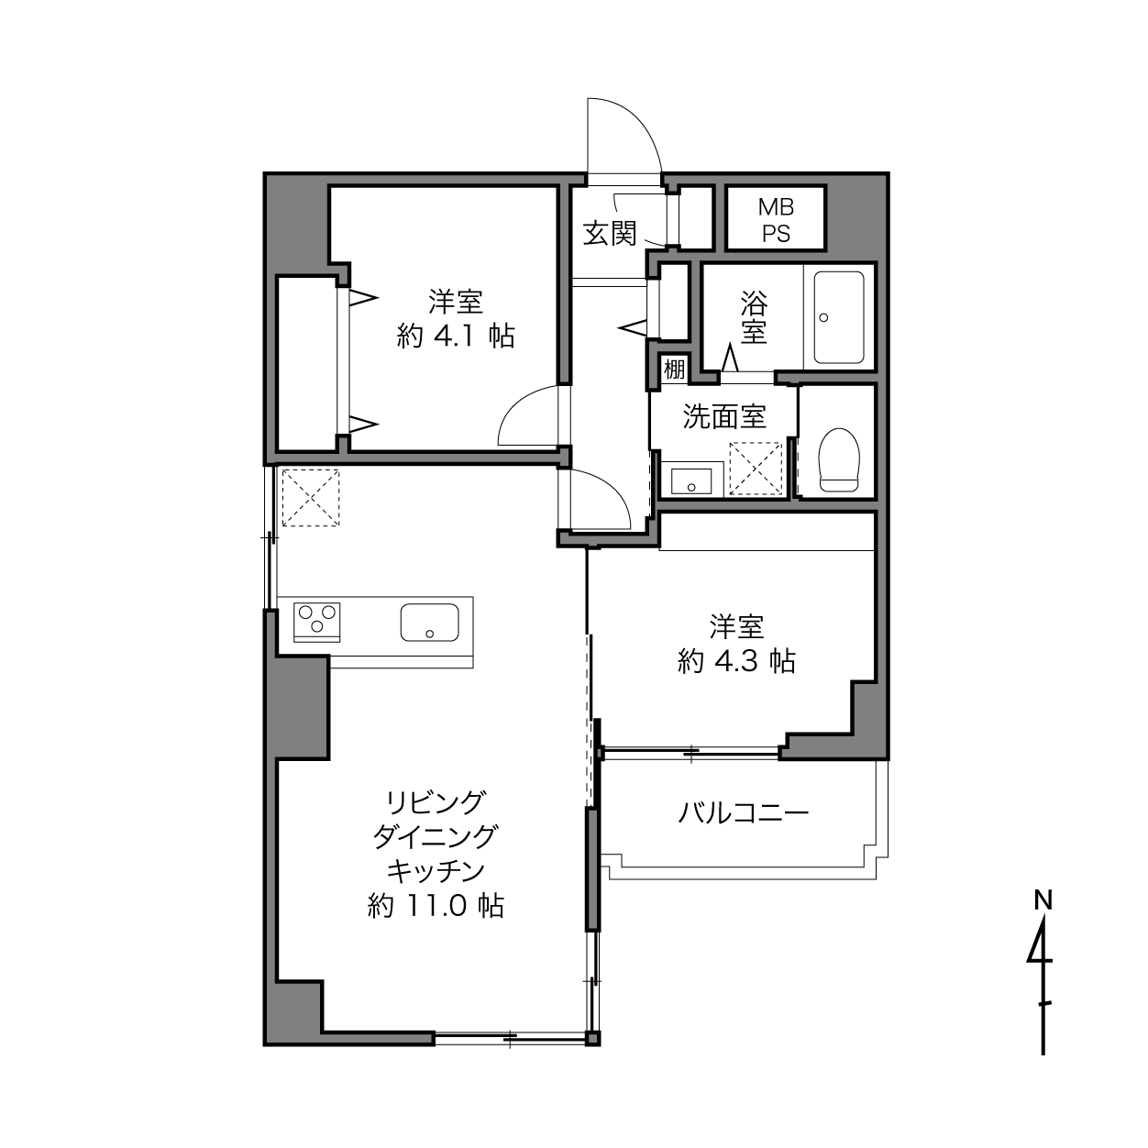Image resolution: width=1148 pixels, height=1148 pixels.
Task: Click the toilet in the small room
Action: [x=839, y=459]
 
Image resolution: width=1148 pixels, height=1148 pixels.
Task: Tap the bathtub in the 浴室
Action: [x=839, y=317]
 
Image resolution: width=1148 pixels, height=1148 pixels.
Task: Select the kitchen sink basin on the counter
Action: [x=429, y=622]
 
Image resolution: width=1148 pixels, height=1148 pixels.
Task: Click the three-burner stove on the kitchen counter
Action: [x=317, y=622]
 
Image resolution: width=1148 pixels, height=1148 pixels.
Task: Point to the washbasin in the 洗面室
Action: [x=691, y=480]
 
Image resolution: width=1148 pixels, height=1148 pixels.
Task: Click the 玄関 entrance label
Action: [x=609, y=233]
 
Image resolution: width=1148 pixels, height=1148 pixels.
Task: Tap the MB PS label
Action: [x=776, y=220]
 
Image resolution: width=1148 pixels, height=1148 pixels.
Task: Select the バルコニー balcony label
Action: [x=743, y=812]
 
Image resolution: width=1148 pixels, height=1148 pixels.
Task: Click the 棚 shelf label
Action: [x=674, y=370]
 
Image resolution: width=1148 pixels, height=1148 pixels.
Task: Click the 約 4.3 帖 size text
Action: [x=736, y=661]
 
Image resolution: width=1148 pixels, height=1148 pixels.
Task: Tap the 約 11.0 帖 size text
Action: [x=436, y=906]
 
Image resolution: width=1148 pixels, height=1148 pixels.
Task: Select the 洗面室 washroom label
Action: [x=723, y=416]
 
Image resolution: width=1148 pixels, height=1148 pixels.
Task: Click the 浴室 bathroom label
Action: [x=754, y=317]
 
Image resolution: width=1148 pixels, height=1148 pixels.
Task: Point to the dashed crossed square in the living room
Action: [x=311, y=498]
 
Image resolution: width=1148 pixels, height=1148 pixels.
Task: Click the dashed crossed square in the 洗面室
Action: [x=756, y=469]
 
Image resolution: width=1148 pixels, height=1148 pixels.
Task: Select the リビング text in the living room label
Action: [x=435, y=802]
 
